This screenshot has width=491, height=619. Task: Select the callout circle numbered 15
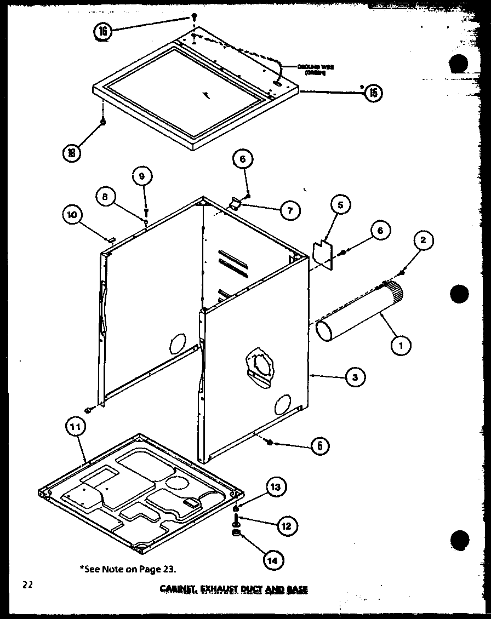(x=373, y=93)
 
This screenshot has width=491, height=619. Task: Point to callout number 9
(x=141, y=176)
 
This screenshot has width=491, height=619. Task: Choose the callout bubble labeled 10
(x=72, y=215)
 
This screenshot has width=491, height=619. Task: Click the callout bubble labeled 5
(x=340, y=205)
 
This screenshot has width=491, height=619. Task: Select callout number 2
(x=424, y=239)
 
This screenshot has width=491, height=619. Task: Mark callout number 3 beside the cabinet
(x=355, y=377)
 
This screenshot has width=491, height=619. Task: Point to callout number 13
(x=277, y=486)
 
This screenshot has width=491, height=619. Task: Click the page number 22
(x=27, y=585)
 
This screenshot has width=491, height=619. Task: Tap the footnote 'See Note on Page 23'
(x=130, y=569)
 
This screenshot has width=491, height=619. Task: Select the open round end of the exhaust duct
(x=328, y=331)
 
